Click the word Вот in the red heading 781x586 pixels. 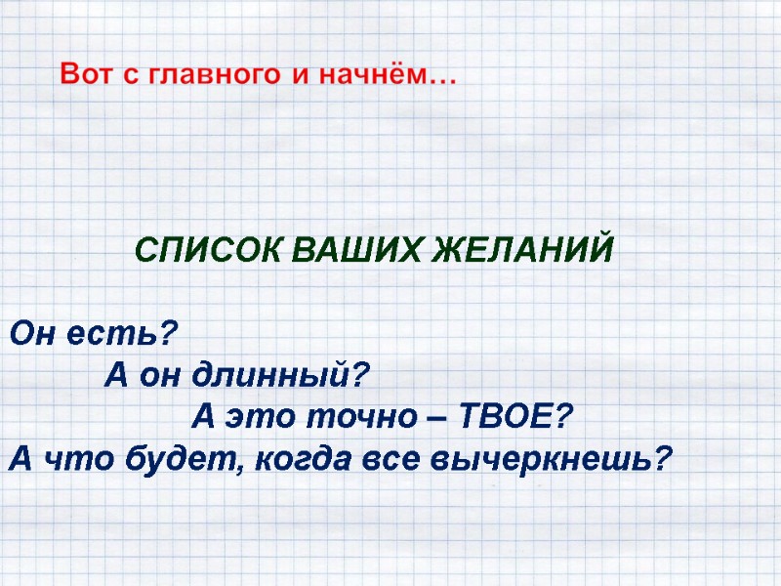pos(86,74)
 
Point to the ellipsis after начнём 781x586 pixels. pos(440,80)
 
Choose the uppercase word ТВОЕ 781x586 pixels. pos(513,417)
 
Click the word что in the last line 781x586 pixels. pos(70,458)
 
